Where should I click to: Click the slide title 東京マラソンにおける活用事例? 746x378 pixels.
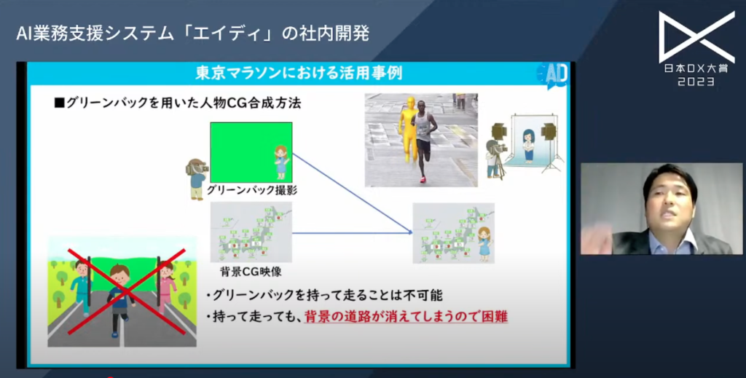(299, 74)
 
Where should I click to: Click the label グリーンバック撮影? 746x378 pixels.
(251, 190)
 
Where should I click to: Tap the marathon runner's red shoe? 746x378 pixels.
(423, 179)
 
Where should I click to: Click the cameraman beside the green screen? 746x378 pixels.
(196, 177)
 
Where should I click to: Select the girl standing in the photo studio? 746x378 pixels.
(528, 144)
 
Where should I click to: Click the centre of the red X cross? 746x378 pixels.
(122, 291)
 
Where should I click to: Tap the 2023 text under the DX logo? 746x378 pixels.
(696, 82)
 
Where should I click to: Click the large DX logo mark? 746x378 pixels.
(696, 37)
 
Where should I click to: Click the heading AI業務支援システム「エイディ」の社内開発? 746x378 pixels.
(192, 34)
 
